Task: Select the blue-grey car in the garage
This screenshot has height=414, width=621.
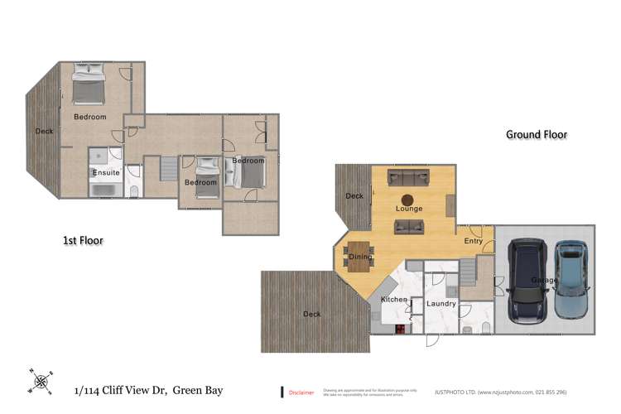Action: tap(571, 279)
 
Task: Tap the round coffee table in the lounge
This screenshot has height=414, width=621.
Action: tap(408, 199)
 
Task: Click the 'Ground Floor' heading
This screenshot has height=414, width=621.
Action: tap(536, 134)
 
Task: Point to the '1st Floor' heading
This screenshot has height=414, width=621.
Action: tap(83, 240)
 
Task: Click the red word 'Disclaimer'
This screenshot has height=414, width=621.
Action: tap(301, 392)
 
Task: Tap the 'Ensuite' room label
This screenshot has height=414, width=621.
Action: tap(105, 172)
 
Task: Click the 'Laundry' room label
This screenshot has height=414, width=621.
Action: tap(441, 304)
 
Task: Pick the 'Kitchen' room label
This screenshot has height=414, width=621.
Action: tap(393, 298)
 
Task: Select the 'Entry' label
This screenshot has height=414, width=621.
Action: tap(473, 241)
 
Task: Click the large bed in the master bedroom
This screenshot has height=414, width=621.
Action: tap(88, 85)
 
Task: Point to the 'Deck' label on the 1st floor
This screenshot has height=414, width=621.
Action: tap(44, 131)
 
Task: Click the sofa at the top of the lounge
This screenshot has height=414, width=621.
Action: tap(408, 176)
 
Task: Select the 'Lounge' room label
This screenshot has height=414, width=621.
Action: tap(408, 209)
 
